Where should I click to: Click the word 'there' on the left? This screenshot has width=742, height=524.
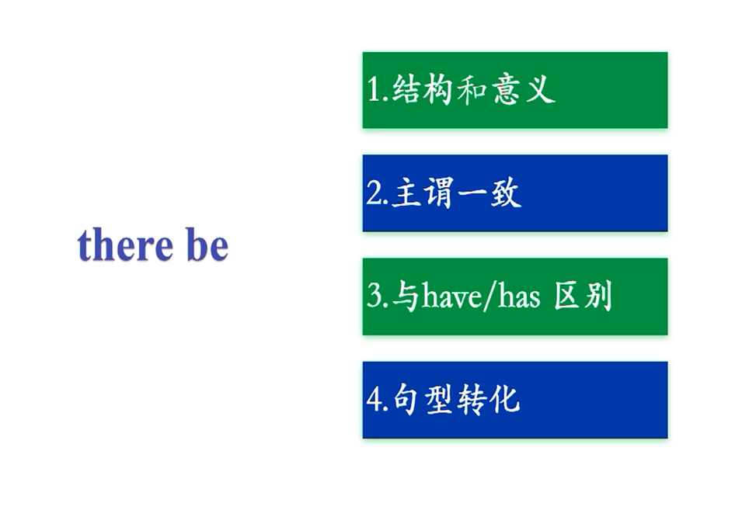(x=125, y=245)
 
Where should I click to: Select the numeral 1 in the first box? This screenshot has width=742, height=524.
(x=374, y=89)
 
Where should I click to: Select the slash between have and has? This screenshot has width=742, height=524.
(x=489, y=296)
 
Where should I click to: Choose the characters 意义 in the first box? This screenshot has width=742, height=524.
(x=524, y=89)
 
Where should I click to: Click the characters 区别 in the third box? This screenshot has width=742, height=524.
(x=583, y=296)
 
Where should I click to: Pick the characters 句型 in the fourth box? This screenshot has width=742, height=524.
(x=423, y=400)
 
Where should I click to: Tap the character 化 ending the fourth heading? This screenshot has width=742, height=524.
(x=505, y=400)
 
